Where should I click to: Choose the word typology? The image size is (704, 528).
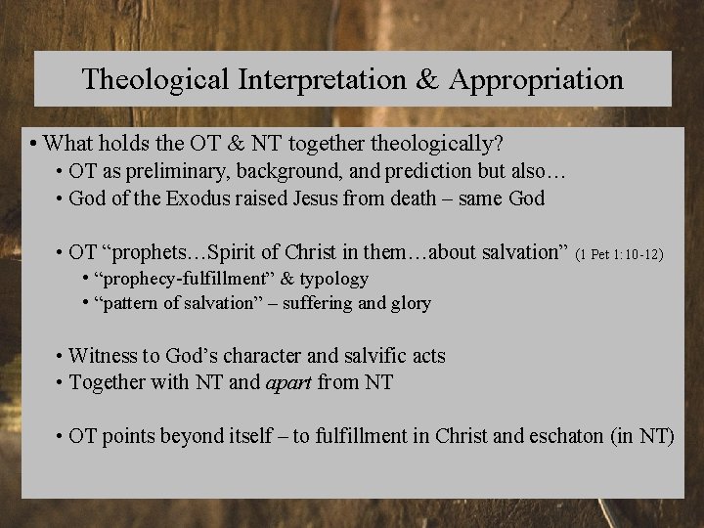pyautogui.click(x=332, y=280)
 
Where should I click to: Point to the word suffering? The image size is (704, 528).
pyautogui.click(x=326, y=303)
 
